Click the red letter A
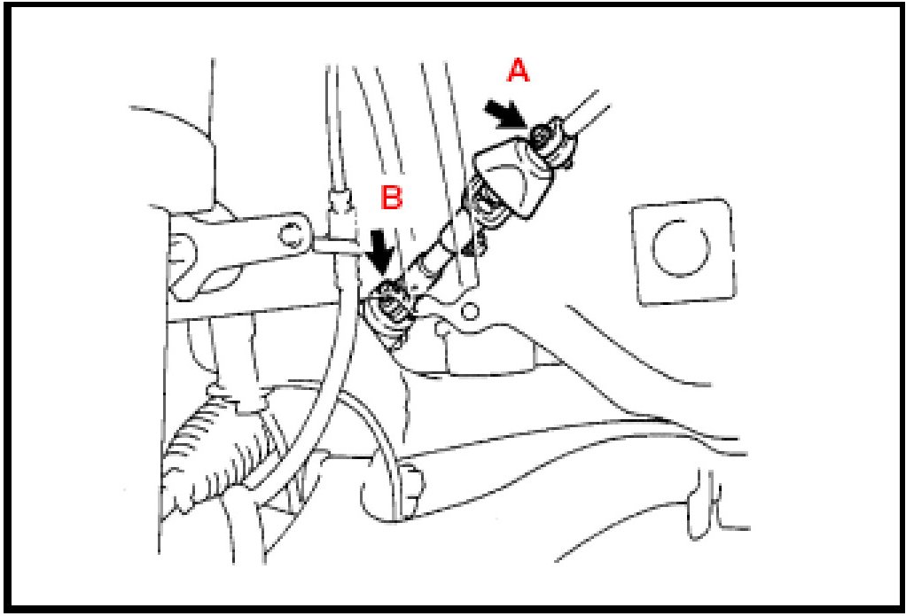point(517,71)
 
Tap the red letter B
point(391,198)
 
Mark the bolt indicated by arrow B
point(389,302)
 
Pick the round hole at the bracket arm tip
point(288,235)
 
